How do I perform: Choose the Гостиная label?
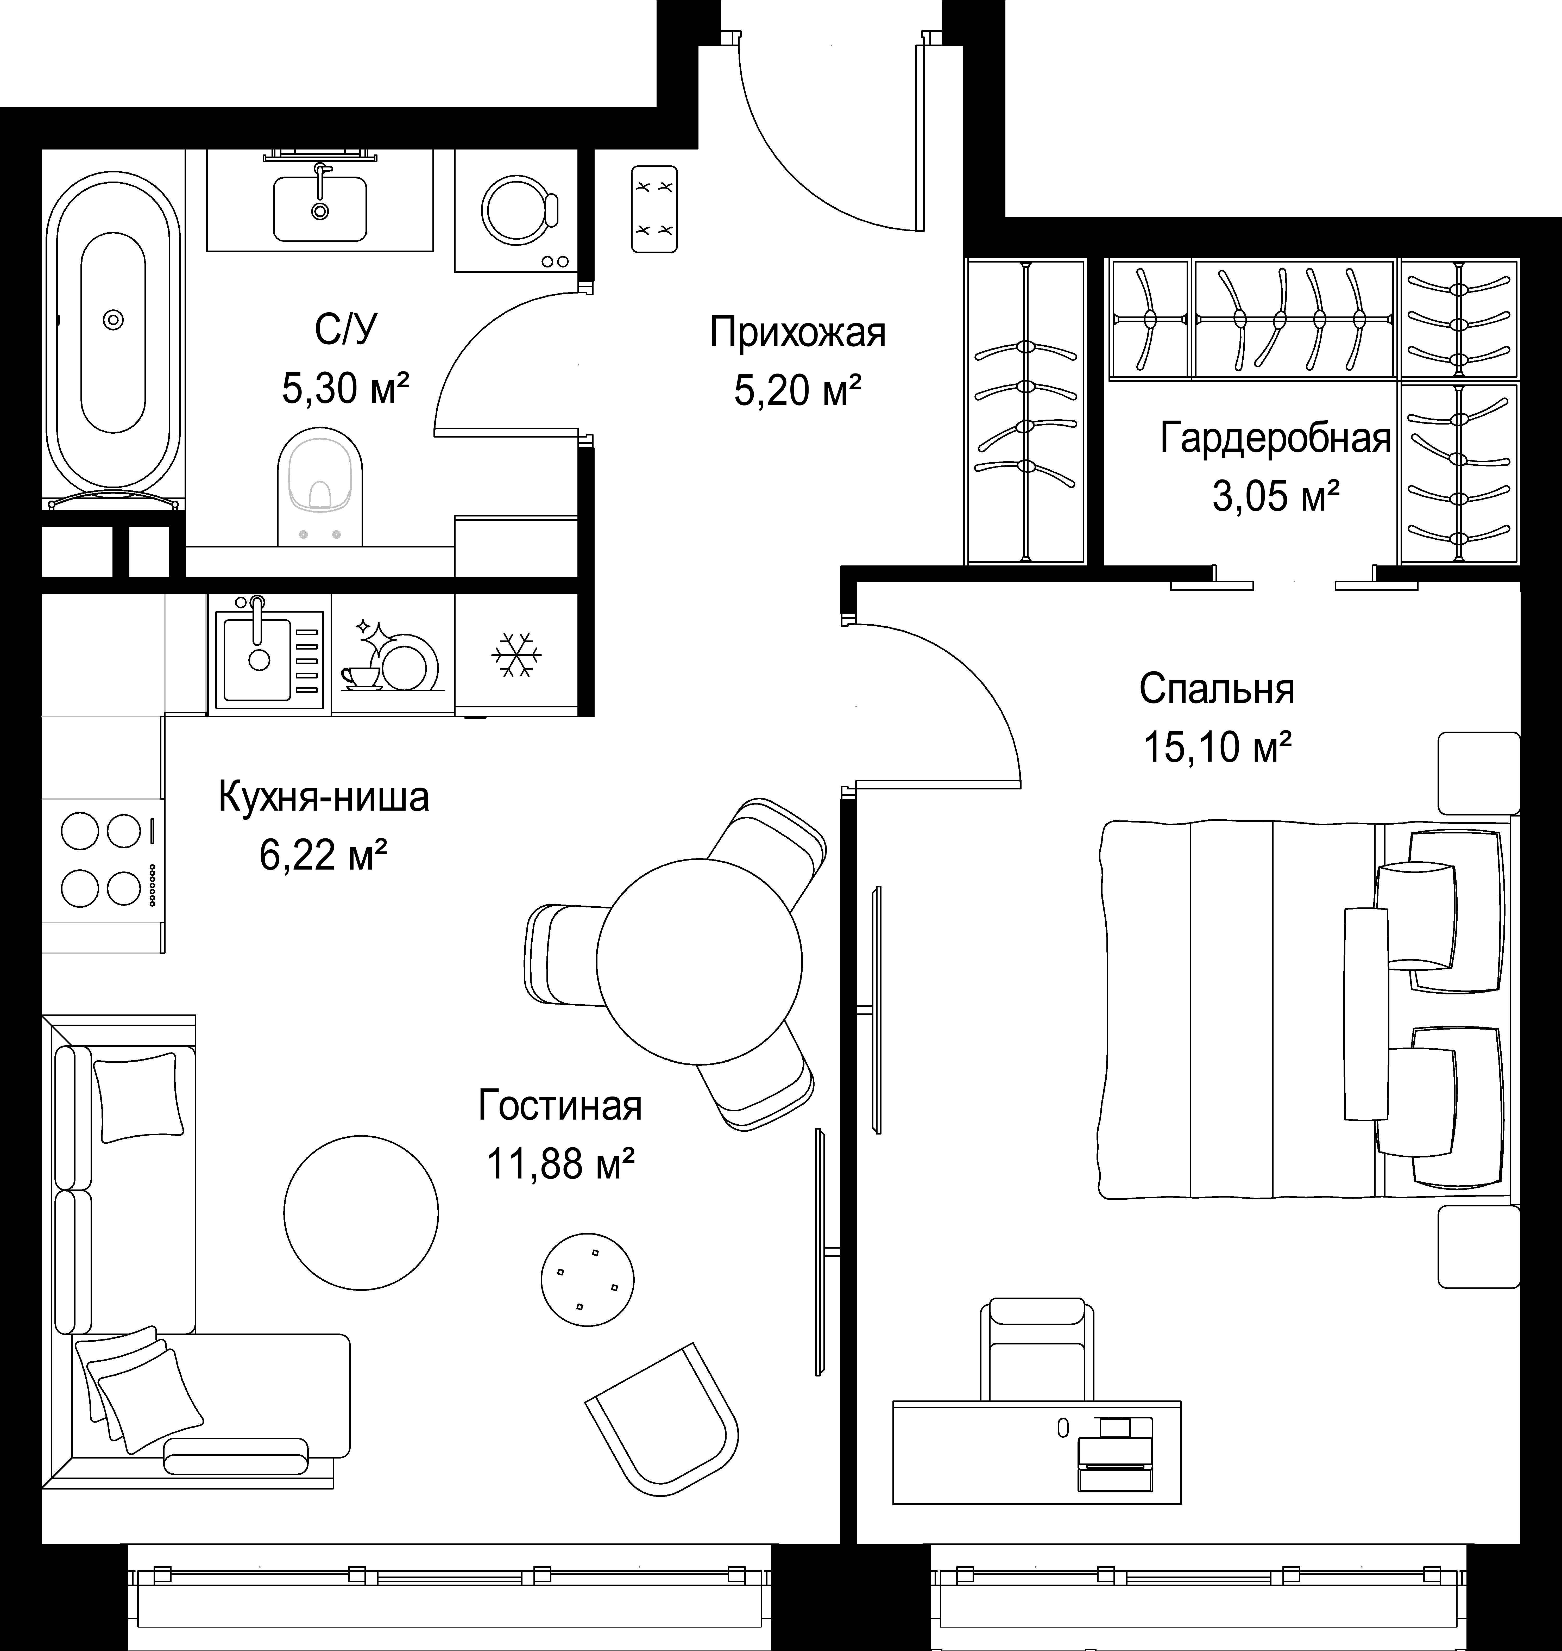point(560,1106)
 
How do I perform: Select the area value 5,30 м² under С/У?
point(346,388)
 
